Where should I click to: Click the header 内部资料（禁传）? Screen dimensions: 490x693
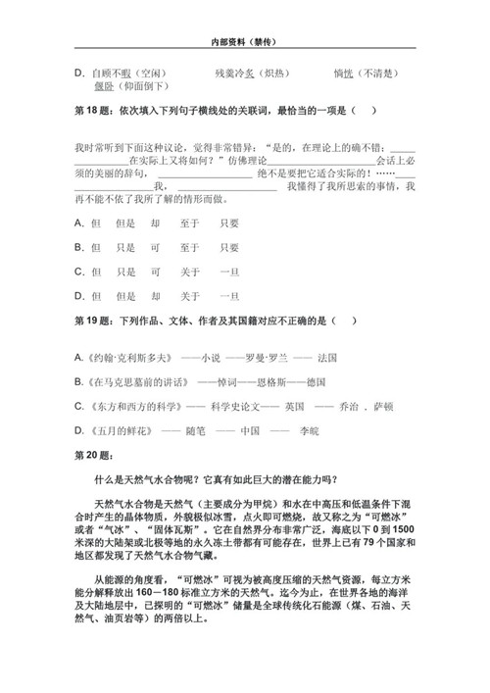click(245, 44)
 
